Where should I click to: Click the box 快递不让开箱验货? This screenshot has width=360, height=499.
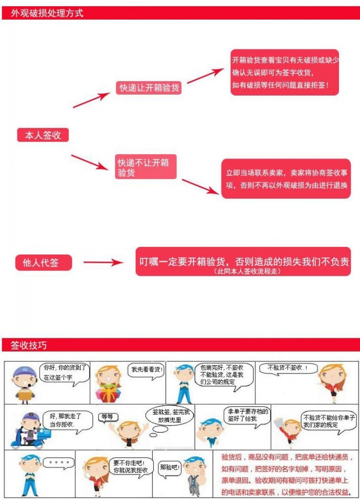coord(146,168)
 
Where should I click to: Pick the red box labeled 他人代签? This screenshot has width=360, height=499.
coord(43,263)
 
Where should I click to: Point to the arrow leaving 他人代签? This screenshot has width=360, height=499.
coord(103,262)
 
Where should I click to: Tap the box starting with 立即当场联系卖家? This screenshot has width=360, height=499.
coord(286,179)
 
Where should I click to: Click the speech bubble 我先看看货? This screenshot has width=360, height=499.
coord(147,369)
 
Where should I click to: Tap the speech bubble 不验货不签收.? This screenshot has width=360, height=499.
coord(287,368)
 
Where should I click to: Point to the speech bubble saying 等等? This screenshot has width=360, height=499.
coord(107,416)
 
